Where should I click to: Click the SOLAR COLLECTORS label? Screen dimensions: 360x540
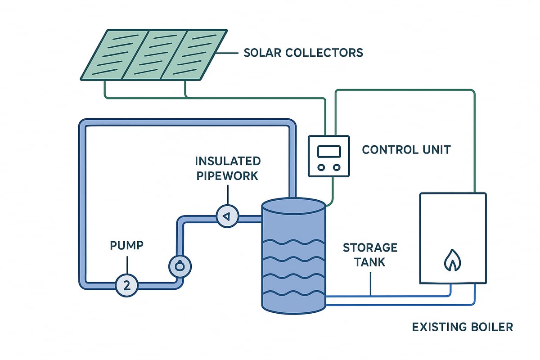303,53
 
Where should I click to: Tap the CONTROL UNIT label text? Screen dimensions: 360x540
406,149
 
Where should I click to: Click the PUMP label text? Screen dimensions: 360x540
127,246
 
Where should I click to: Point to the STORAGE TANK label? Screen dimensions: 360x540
370,254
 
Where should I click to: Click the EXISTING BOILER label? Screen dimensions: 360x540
462,327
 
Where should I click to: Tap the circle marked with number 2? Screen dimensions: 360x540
127,285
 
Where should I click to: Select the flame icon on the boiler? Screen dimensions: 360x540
451,261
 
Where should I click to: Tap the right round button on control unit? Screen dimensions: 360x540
336,167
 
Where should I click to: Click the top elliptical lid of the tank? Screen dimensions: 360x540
293,207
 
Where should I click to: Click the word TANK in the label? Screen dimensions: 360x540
370,261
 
